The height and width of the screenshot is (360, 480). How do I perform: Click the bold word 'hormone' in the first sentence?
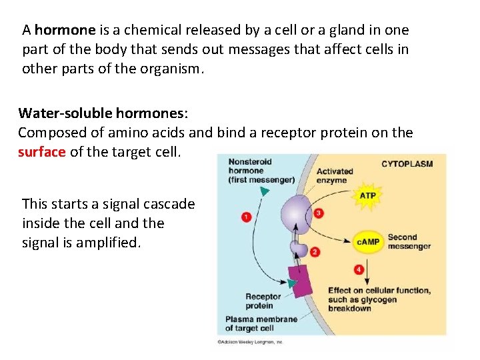click(x=65, y=30)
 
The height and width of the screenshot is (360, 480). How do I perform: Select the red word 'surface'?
click(x=42, y=152)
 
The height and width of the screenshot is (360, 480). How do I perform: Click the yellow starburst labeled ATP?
click(x=367, y=195)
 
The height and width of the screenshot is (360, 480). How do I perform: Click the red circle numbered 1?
click(x=246, y=217)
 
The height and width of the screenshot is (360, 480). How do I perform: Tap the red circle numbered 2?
click(x=315, y=252)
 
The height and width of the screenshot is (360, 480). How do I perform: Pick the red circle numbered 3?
click(x=319, y=213)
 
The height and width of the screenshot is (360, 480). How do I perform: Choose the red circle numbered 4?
click(x=359, y=269)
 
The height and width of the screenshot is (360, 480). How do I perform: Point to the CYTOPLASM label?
click(x=407, y=164)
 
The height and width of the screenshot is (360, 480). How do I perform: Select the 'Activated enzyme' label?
click(x=335, y=176)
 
